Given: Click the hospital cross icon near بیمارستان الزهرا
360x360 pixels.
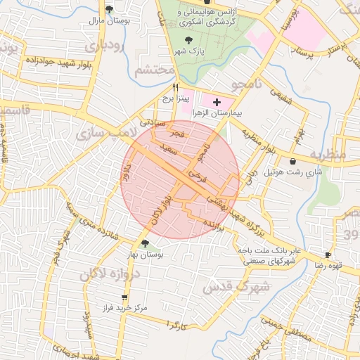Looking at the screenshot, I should (x=217, y=102).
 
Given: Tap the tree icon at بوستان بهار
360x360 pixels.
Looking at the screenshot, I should (x=145, y=244).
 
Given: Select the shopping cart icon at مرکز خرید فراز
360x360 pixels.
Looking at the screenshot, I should (x=124, y=298).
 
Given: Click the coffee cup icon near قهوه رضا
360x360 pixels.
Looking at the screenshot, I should (x=328, y=255).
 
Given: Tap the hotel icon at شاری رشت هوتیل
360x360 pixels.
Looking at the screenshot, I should (x=292, y=162).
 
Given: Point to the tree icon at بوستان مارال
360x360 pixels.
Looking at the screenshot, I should (x=109, y=10).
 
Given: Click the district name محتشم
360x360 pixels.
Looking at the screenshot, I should (x=153, y=70).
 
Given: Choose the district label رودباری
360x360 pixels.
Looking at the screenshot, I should (x=108, y=46).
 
